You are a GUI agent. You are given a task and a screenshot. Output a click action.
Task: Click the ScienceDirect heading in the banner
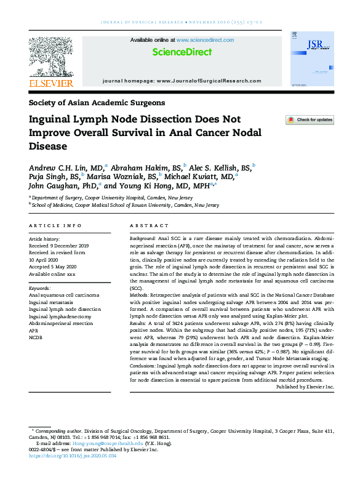[x=182, y=52]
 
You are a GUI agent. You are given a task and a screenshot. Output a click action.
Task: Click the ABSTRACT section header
[x=149, y=226]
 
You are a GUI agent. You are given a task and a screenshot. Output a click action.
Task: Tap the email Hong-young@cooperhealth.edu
[x=108, y=443]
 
